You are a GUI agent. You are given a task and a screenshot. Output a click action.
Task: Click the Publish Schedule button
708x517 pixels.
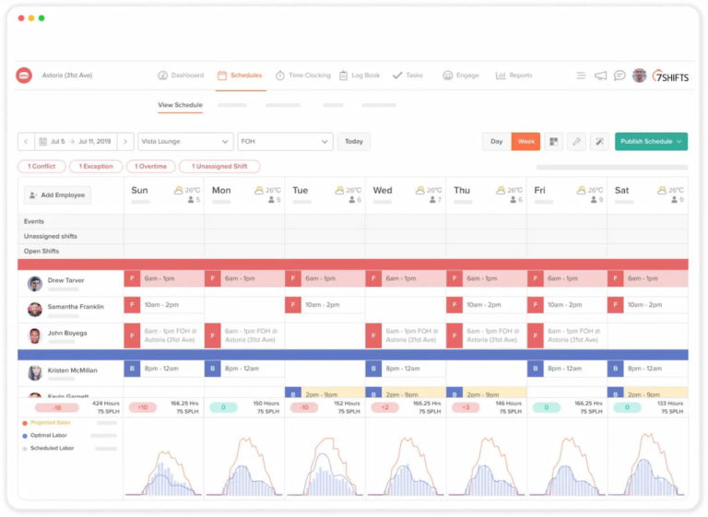[x=651, y=141]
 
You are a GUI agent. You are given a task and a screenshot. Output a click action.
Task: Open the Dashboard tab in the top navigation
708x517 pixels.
[x=181, y=76]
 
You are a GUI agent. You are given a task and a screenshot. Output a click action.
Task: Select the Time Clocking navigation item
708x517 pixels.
[x=302, y=76]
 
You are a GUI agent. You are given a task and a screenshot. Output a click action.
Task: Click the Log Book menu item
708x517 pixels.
[x=360, y=76]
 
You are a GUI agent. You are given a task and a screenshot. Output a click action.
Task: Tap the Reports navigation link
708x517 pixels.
[x=513, y=76]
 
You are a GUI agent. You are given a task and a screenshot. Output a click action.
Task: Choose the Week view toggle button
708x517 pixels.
[x=525, y=141]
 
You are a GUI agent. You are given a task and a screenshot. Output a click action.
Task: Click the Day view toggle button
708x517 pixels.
[x=497, y=141]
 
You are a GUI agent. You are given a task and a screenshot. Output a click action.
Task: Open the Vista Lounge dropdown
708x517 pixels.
[x=185, y=141]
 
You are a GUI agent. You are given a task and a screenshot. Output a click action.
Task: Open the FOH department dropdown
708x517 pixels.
[x=285, y=141]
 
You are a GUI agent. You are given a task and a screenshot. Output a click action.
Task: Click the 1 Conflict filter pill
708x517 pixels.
[x=41, y=166]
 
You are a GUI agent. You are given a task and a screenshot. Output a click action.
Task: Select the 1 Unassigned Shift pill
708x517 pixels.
[x=219, y=166]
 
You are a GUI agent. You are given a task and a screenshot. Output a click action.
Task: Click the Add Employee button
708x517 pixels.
[x=57, y=195]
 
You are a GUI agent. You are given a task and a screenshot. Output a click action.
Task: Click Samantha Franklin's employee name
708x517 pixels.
[x=76, y=307]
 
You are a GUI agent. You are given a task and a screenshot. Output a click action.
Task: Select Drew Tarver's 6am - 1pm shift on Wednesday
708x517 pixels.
[x=405, y=278]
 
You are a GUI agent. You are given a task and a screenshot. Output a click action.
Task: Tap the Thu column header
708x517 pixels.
[x=462, y=191]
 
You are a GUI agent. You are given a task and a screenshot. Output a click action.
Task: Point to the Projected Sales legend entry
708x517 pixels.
[x=51, y=422]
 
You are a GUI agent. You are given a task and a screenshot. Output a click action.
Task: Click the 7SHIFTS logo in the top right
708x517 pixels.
[x=670, y=76]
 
